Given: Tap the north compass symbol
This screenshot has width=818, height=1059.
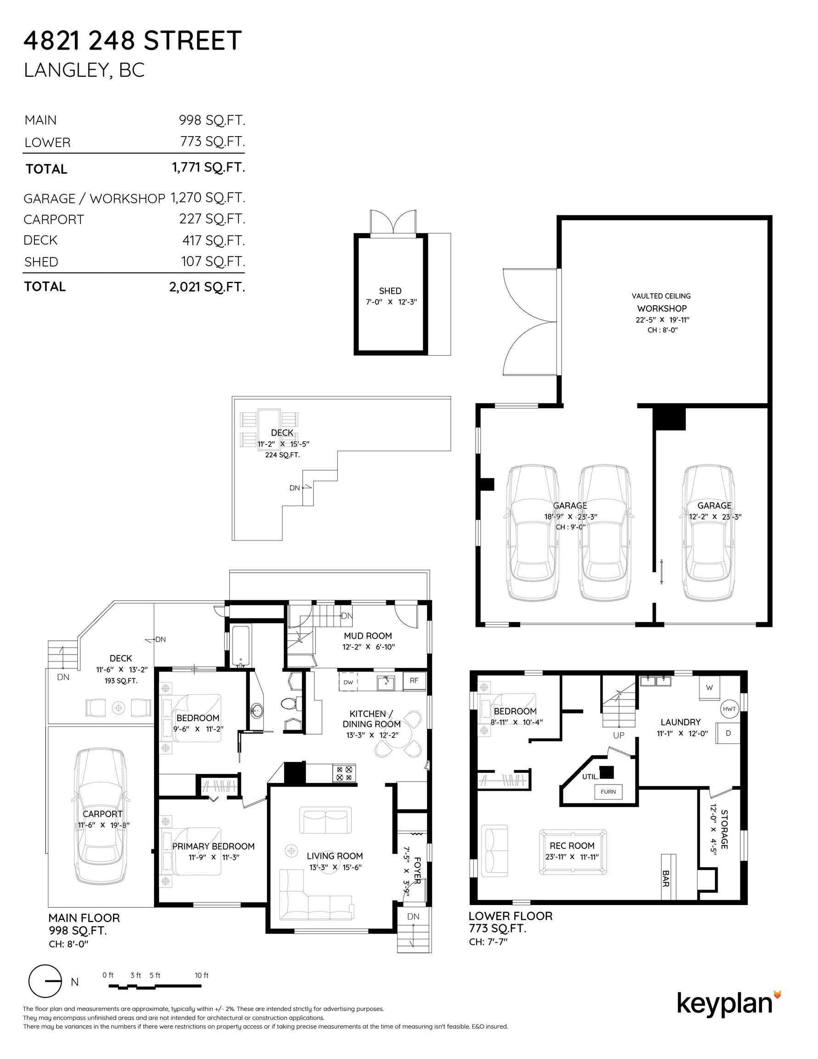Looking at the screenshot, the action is (45, 981).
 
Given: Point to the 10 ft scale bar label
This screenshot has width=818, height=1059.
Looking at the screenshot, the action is (202, 975).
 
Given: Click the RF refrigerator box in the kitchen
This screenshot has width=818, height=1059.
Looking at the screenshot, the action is (414, 680).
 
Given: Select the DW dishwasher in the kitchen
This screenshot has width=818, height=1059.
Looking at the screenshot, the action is (348, 682).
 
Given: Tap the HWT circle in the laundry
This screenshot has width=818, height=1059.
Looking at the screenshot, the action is (729, 709).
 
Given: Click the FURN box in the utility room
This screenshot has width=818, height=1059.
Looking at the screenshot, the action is (608, 792).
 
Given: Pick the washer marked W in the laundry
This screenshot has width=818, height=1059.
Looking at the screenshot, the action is (710, 688).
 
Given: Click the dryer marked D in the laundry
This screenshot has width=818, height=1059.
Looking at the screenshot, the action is (728, 733).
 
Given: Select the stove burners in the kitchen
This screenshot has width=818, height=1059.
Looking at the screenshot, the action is (344, 773).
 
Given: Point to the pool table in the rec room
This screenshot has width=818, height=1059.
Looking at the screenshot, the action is (573, 852).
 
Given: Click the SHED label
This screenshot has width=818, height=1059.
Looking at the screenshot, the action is (390, 291).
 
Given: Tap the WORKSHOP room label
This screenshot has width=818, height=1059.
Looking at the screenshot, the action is (662, 308).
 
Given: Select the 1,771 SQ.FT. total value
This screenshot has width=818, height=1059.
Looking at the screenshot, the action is (209, 168).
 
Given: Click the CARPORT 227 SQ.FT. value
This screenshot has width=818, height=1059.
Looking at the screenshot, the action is (212, 219).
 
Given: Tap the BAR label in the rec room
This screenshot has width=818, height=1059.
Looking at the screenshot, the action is (665, 879).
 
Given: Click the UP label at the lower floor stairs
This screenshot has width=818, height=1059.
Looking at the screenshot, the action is (618, 735).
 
